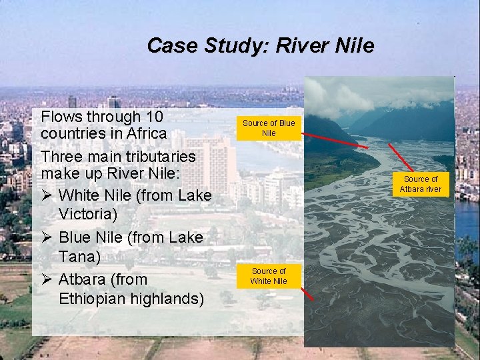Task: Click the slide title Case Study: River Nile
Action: (x=260, y=45)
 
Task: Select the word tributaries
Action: (x=158, y=157)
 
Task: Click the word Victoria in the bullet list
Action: (x=87, y=214)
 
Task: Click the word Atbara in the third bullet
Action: (x=83, y=278)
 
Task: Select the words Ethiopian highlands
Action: (x=131, y=298)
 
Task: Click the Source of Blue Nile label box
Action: (x=268, y=128)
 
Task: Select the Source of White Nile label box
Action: (x=268, y=276)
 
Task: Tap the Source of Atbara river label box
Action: (x=421, y=184)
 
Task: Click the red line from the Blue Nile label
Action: (x=333, y=138)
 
